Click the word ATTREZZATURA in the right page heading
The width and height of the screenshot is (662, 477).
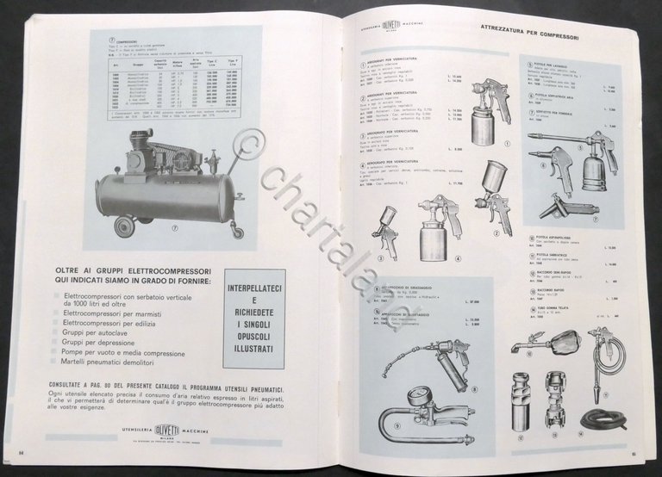click(509, 28)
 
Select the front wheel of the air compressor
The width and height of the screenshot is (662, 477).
click(125, 226)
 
